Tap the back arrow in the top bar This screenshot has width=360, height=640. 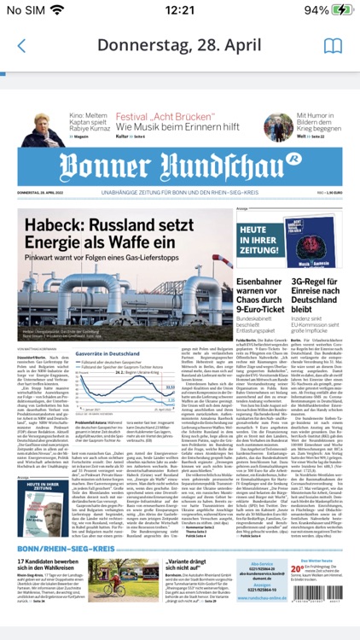pos(21,46)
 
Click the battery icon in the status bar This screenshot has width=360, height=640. pos(340,10)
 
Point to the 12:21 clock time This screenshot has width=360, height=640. pos(180,10)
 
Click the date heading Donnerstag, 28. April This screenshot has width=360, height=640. pos(180,46)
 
